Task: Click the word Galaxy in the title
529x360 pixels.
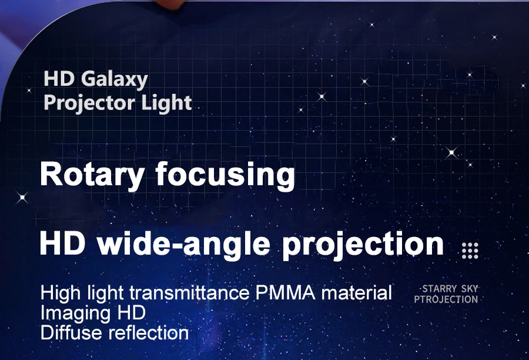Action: (115, 80)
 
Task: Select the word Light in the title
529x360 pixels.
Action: (166, 103)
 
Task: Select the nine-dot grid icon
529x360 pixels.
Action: (470, 251)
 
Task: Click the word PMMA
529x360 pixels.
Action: (285, 292)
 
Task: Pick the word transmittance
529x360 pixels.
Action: (189, 292)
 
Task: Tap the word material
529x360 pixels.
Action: (357, 292)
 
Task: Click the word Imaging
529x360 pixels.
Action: (76, 314)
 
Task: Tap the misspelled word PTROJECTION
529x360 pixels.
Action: (446, 299)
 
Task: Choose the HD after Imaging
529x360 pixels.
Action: (132, 313)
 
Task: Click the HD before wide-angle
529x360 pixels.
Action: (62, 244)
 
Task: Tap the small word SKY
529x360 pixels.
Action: (470, 289)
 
